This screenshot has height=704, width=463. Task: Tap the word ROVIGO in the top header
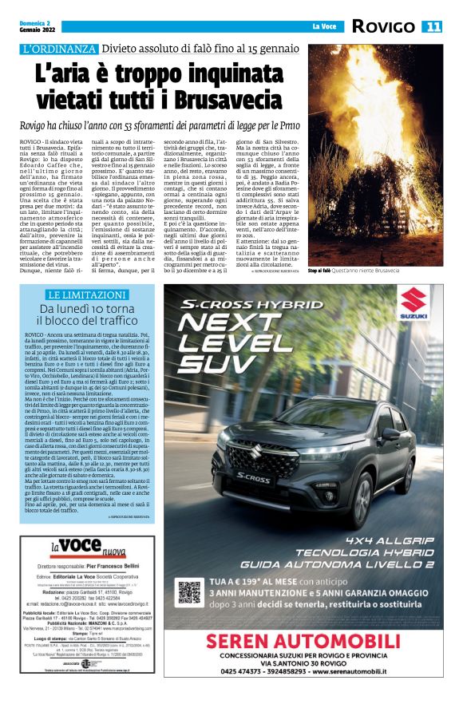[x=385, y=26]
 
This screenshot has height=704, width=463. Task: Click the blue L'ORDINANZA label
[x=61, y=49]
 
